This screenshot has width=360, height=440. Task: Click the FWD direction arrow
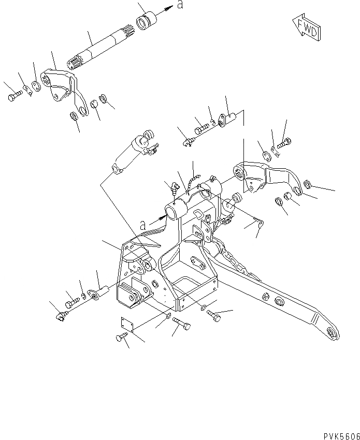305,29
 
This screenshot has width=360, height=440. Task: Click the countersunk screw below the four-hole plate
121,339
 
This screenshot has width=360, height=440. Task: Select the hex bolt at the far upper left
14,97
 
